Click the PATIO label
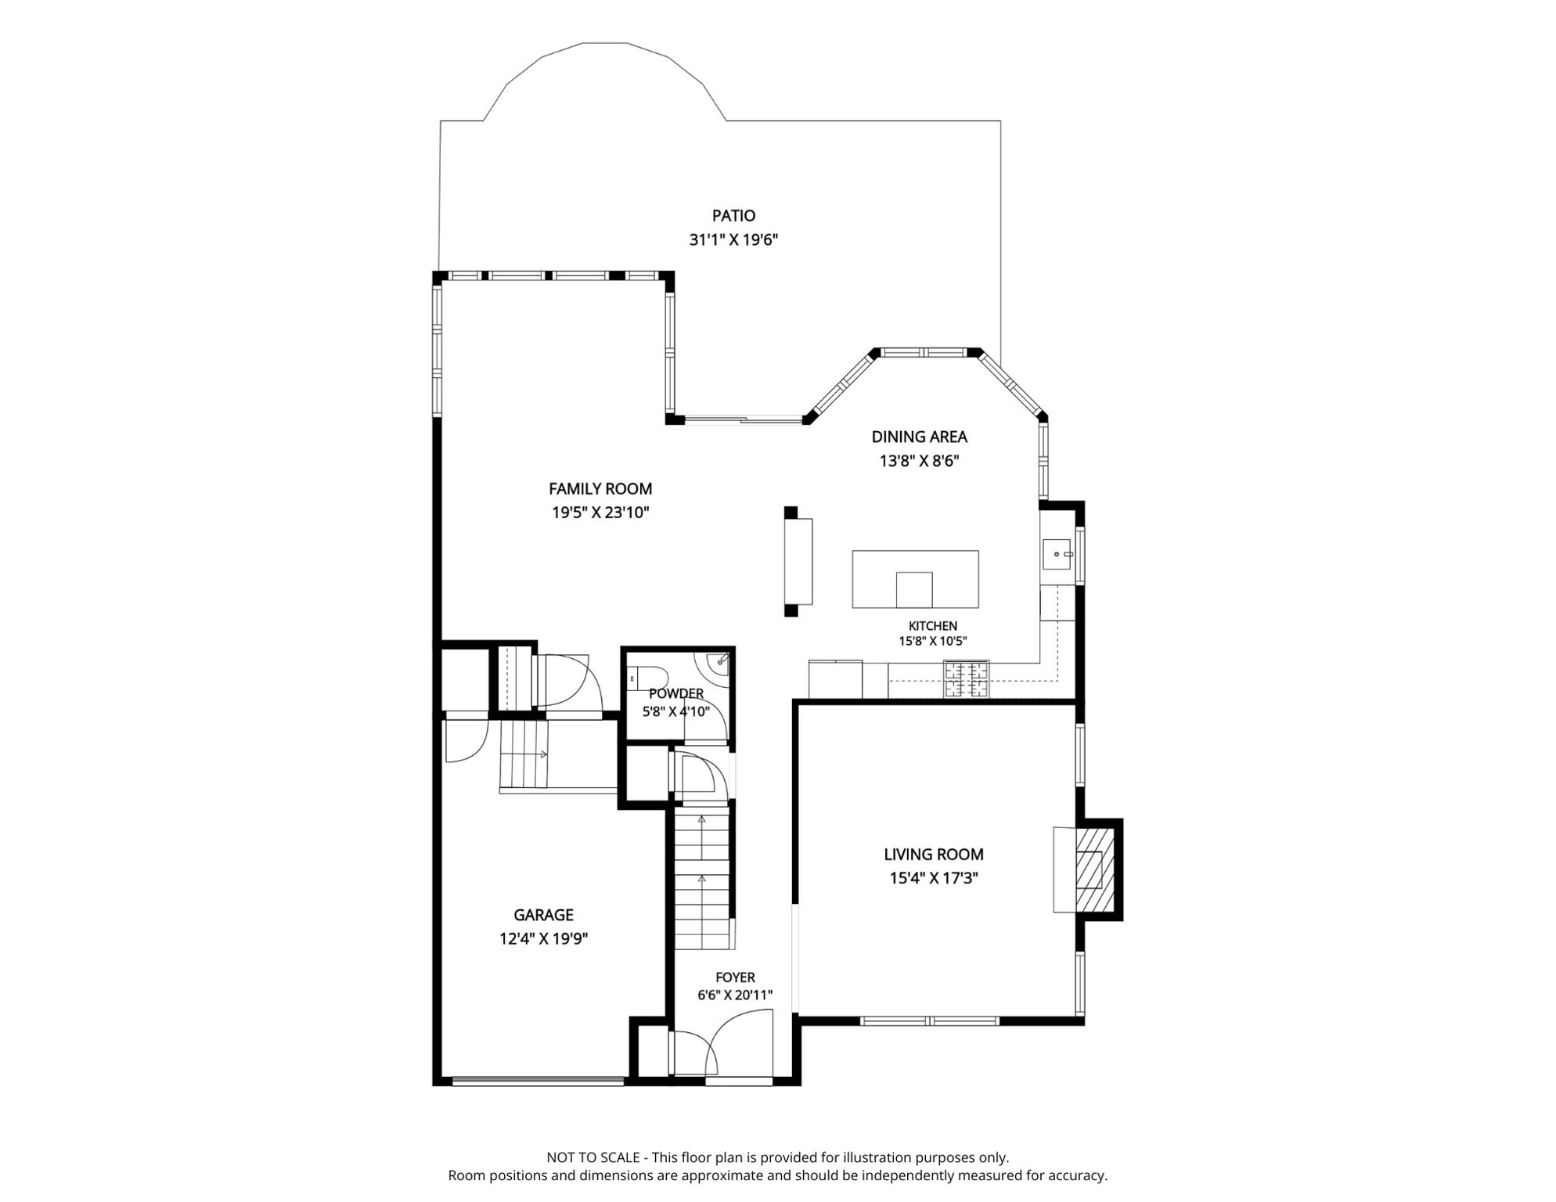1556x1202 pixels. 733,215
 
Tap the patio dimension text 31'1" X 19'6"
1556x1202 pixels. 733,239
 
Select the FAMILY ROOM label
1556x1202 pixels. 600,488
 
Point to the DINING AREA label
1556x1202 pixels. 919,437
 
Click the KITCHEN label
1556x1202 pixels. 932,626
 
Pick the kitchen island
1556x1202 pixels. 915,579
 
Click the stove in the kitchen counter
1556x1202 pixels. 966,679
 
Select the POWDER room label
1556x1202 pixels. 676,693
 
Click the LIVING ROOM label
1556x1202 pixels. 934,855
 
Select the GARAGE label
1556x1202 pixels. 543,915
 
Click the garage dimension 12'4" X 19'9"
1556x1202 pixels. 543,939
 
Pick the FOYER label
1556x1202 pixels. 735,977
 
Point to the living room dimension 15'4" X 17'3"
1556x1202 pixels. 934,878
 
